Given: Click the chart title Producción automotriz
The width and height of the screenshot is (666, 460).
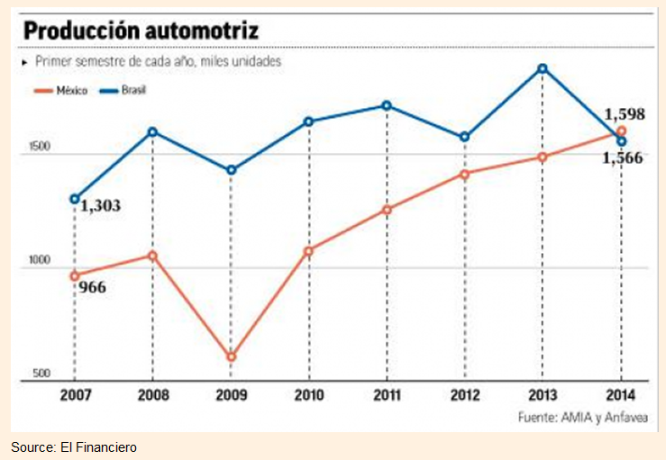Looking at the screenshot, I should (141, 31).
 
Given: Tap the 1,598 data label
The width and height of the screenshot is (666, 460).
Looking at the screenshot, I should (623, 114).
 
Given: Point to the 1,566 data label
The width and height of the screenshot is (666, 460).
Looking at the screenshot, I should (623, 157).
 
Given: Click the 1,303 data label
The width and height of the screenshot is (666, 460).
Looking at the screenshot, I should (101, 206).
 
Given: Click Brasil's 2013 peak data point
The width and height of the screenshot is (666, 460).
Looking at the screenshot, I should (543, 68).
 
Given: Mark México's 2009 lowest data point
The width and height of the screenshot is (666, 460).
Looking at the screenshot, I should (231, 357).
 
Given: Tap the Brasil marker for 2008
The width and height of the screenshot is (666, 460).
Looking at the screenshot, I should (152, 131).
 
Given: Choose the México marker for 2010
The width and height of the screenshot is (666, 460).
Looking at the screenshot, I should (308, 251).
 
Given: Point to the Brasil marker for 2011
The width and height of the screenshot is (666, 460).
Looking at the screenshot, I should (387, 105).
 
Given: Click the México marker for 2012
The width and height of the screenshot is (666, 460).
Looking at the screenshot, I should (464, 174).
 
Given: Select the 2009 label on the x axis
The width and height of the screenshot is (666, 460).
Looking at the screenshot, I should (231, 396).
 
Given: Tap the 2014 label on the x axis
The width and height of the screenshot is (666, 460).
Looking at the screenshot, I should (621, 396).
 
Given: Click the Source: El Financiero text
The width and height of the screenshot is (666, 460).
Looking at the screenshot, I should (74, 446).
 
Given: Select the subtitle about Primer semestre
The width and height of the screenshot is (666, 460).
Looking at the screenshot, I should (159, 62).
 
